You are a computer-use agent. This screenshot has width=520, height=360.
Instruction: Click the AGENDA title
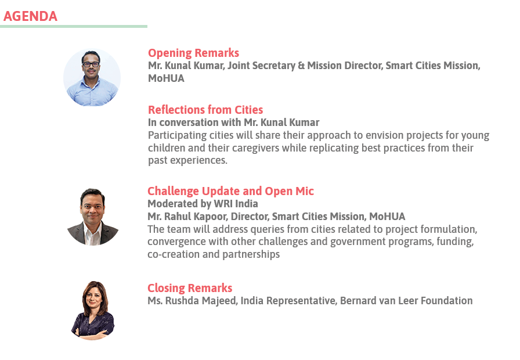click(x=30, y=16)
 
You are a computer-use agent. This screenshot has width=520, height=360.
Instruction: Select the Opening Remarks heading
click(x=193, y=53)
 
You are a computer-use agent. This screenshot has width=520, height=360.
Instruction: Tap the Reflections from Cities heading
click(x=205, y=110)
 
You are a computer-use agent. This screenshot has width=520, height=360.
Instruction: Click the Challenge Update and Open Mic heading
click(x=230, y=191)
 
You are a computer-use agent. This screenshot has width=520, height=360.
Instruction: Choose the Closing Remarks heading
click(x=190, y=288)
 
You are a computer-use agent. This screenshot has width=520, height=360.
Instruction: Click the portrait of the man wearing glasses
click(x=92, y=78)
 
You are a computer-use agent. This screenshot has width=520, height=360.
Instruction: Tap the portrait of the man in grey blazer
click(x=92, y=217)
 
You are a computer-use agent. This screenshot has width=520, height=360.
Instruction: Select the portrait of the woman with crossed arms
click(x=92, y=311)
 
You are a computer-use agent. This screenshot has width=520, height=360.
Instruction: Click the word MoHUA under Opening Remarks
click(x=166, y=78)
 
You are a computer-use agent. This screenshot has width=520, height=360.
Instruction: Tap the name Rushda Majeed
click(x=201, y=301)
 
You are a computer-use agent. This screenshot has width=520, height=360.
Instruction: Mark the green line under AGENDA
click(x=74, y=27)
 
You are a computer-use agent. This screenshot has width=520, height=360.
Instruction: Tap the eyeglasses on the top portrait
click(x=91, y=64)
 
